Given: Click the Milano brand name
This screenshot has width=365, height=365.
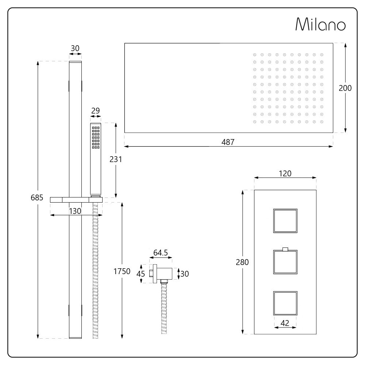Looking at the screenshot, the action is pos(320,24).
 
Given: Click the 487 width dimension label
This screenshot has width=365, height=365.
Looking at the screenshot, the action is pos(228,142).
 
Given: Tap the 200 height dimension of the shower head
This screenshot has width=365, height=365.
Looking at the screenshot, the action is pos(345,88).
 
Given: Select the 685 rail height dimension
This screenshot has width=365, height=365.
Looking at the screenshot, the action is pos(37,197).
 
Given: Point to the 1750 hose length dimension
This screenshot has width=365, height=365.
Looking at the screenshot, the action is pos(122,271).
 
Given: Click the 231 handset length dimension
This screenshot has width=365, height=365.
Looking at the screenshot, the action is pos(116,159).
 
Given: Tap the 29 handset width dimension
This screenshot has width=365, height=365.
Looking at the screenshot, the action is pos(95,111).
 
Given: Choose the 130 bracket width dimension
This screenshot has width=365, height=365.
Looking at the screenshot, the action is pos(75,211).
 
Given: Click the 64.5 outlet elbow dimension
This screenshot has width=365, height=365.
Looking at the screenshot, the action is pos(161,253).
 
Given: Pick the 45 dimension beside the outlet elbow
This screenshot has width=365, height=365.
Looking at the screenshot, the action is pos(141,274).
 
